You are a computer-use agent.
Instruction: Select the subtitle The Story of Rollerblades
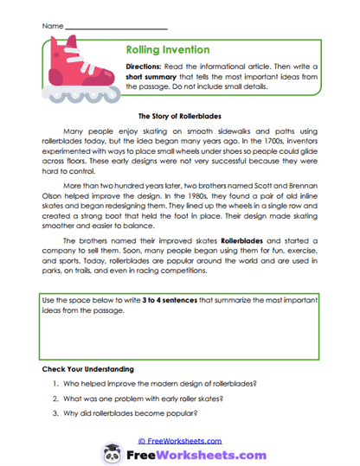(180, 115)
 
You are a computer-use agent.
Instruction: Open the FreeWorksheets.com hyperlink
(178, 440)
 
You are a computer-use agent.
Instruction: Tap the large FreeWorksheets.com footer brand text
(191, 453)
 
